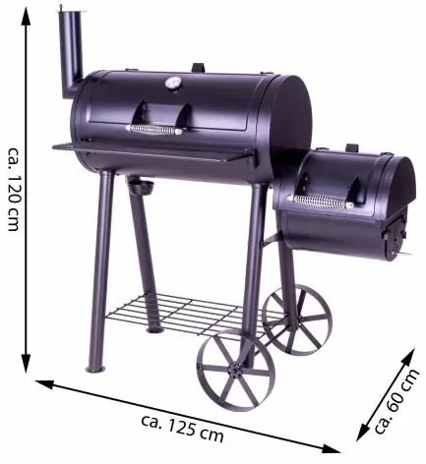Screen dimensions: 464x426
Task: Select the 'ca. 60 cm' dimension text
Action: (395, 402)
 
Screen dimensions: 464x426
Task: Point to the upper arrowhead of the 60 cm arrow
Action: (417, 347)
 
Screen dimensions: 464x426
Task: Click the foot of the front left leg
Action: (94, 369)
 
